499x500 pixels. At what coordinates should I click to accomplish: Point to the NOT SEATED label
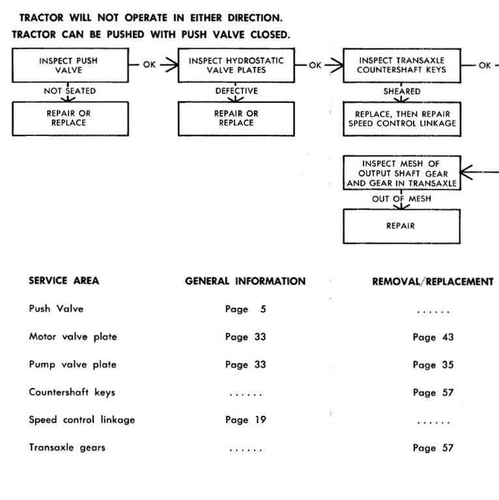click(70, 91)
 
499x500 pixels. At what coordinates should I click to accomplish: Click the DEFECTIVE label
click(236, 91)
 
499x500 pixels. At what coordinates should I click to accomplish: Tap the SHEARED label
click(402, 91)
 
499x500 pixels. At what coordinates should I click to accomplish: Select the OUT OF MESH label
click(401, 199)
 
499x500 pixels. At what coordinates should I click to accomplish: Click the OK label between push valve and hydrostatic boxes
click(149, 64)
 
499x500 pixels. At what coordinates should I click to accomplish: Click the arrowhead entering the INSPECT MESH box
click(466, 172)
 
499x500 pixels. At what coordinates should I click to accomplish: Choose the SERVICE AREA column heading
click(64, 281)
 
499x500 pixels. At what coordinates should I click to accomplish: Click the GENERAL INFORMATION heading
click(245, 281)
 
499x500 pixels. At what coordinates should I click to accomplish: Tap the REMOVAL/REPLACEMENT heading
click(433, 281)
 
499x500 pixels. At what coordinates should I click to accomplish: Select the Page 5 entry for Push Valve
click(246, 309)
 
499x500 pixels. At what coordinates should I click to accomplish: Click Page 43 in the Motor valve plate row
click(433, 337)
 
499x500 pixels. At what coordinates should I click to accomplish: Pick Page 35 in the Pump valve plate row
click(433, 365)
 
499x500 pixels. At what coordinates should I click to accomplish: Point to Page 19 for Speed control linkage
click(246, 420)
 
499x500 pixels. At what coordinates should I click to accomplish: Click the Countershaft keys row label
click(72, 392)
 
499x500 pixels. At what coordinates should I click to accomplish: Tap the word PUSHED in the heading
click(125, 35)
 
